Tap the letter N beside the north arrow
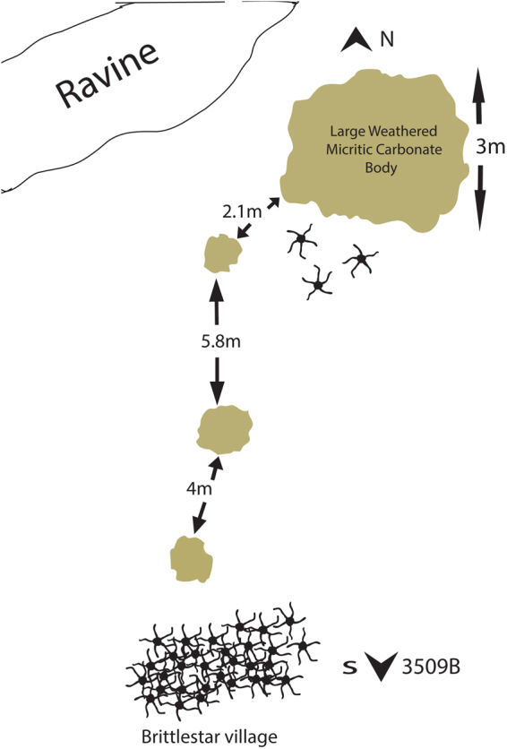(387, 39)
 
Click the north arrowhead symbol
(357, 39)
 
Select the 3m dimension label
(490, 147)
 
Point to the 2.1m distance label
(242, 211)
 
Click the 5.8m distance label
(220, 342)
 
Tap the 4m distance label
(199, 489)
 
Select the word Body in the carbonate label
(382, 168)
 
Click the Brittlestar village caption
(210, 736)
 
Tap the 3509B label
(431, 667)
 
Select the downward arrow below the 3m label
(480, 198)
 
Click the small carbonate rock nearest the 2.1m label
(222, 254)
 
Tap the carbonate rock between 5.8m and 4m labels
(224, 430)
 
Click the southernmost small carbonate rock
(191, 559)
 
